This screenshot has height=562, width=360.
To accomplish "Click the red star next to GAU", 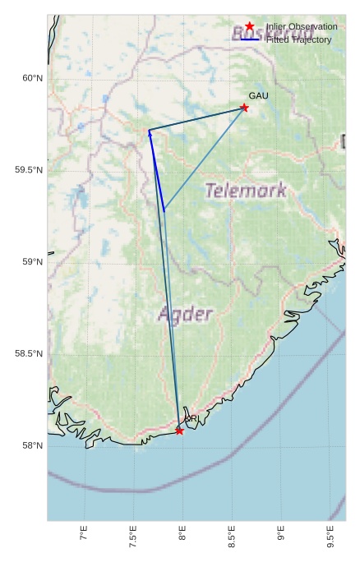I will tap(244, 108).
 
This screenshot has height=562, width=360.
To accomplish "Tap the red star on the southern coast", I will tap(179, 431).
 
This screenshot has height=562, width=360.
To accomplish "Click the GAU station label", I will tap(259, 97).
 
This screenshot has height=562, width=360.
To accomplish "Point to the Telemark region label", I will tap(247, 191).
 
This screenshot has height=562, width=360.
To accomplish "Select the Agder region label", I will tap(186, 314).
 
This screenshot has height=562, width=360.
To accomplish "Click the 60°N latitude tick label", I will tap(31, 78).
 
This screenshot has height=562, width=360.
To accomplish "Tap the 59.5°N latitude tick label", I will tap(28, 170).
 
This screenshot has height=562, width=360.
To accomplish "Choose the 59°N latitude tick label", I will tap(31, 262).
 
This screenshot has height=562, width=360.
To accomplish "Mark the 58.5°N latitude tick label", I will tap(28, 354).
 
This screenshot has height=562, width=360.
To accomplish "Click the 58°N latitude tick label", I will tap(31, 446).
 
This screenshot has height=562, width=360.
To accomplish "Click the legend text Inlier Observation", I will tap(302, 27).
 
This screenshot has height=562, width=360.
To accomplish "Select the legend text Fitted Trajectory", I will tap(298, 39).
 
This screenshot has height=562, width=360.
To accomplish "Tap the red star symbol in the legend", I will tap(250, 27).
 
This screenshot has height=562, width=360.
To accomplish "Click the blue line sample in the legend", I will tap(250, 39).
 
